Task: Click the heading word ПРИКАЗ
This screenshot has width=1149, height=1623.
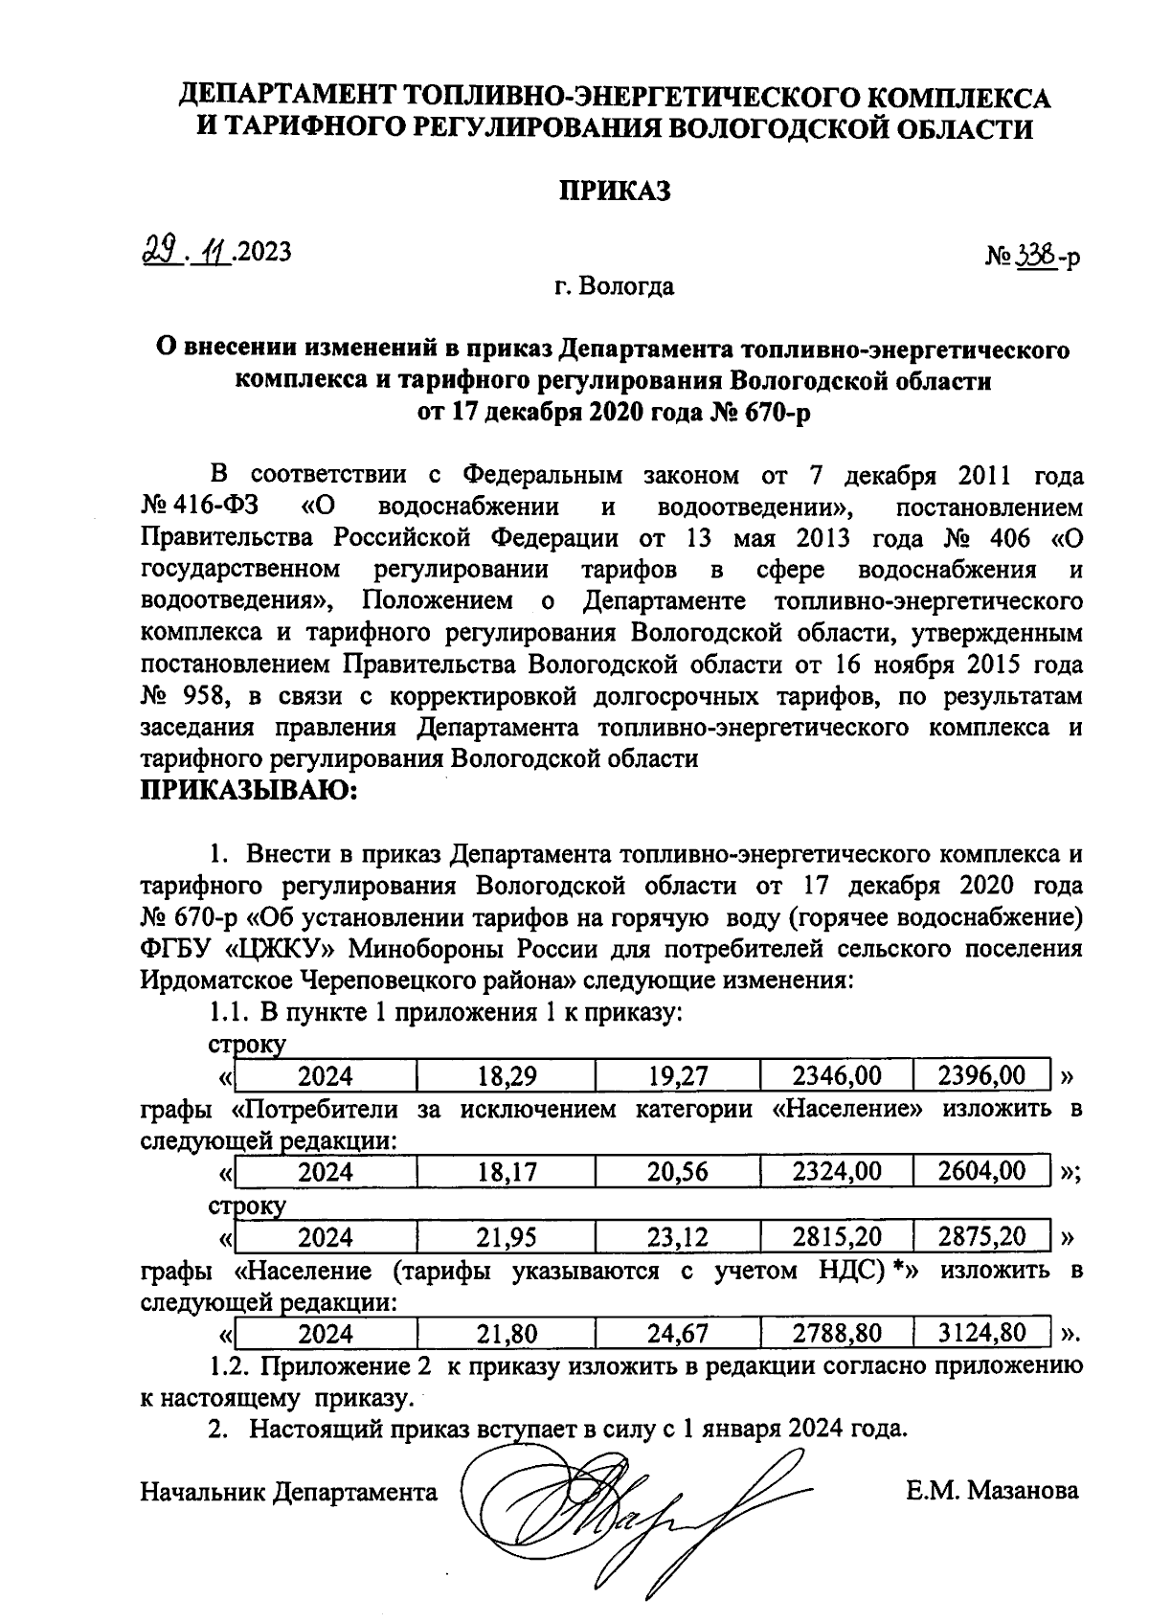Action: (615, 191)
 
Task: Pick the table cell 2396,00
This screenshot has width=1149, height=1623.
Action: (981, 1075)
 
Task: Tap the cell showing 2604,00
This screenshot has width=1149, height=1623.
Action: (981, 1171)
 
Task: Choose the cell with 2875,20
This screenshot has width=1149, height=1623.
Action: (981, 1237)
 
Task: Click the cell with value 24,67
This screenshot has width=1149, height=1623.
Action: (677, 1334)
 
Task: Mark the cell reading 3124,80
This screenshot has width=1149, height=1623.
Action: (981, 1333)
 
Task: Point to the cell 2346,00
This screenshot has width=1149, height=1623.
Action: (836, 1076)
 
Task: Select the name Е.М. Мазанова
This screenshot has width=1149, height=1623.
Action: (992, 1491)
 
